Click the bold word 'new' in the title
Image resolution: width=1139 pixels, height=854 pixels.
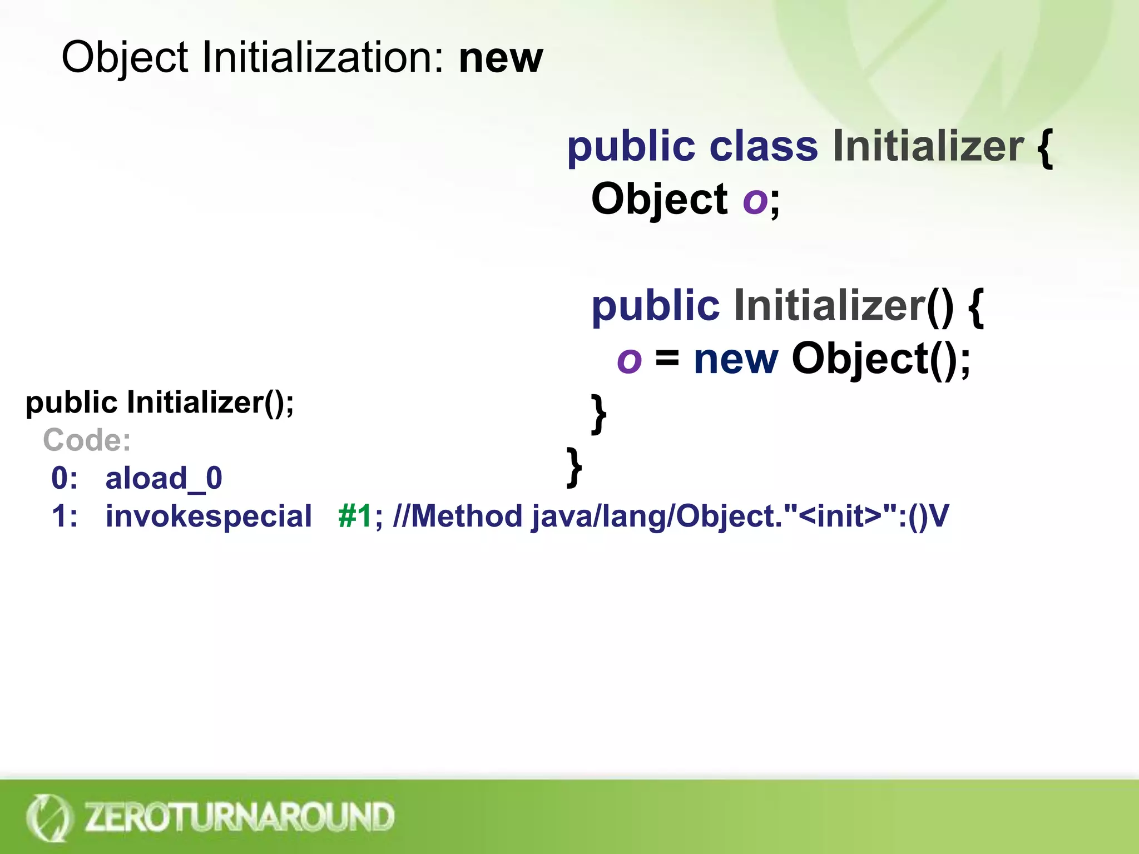pos(501,58)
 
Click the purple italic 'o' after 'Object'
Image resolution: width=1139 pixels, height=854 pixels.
pos(755,200)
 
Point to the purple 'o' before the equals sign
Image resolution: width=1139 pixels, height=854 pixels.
pos(630,360)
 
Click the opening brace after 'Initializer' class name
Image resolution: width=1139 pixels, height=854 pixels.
pos(1045,147)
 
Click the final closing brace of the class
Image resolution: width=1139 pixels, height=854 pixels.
pos(574,467)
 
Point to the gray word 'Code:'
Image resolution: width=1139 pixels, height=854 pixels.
pos(87,440)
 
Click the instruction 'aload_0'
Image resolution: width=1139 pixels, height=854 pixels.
pos(164,478)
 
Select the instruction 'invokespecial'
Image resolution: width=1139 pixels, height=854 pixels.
pos(209,516)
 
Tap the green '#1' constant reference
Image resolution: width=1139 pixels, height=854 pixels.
pos(355,516)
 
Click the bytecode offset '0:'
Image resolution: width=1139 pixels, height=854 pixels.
pos(65,478)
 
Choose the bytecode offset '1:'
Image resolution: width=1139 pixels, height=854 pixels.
pos(65,516)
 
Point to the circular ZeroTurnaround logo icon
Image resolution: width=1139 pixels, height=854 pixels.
pos(48,817)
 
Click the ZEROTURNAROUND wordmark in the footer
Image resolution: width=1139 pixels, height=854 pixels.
pos(239,817)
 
